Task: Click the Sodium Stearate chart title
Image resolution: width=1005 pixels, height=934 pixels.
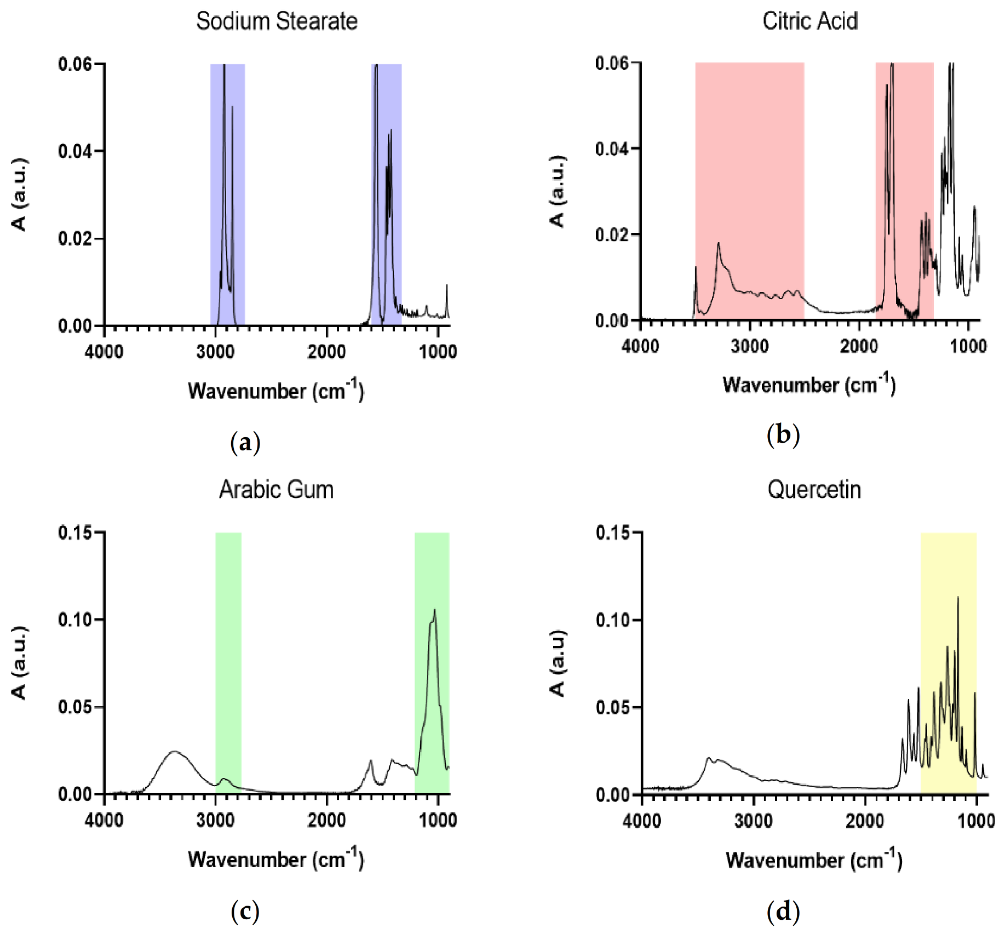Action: coord(277,21)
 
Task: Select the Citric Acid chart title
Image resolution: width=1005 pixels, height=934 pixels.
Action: coord(809,21)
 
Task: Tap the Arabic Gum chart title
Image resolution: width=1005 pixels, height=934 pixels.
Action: coord(277,489)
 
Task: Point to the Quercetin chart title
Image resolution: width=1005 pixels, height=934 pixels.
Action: coord(814,489)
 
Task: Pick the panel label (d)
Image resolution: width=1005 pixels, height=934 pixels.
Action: coord(783,912)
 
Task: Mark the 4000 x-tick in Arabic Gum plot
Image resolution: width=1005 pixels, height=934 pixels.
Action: coord(104,820)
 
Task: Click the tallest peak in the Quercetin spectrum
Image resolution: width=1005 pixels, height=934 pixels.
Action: coord(957,598)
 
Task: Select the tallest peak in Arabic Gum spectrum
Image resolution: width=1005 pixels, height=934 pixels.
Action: coord(434,610)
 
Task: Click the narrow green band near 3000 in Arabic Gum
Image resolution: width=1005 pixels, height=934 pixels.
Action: coord(228,657)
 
